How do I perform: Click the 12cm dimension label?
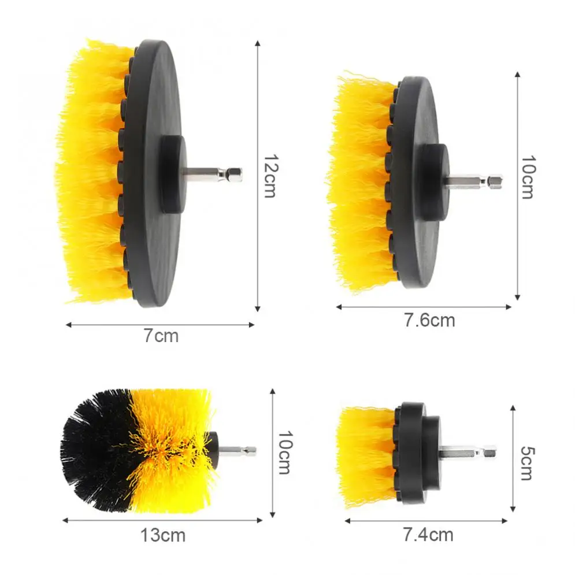(x=271, y=176)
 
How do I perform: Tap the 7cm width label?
(x=161, y=336)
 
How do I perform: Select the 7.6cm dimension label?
(x=429, y=320)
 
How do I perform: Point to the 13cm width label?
(x=163, y=535)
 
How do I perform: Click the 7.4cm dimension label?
(x=428, y=535)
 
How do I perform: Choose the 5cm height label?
(x=528, y=463)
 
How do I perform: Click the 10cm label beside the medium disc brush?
(x=528, y=177)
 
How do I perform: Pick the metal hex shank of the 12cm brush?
(x=213, y=175)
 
